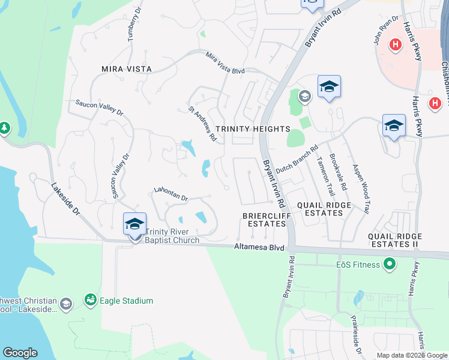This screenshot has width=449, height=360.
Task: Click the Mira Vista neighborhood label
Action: (x=122, y=69)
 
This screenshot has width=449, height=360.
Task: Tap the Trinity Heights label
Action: (x=252, y=129)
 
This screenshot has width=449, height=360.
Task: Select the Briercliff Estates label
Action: (x=264, y=219)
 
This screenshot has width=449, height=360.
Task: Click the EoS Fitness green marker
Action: (x=389, y=263)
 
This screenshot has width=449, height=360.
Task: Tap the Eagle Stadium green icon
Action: (x=91, y=300)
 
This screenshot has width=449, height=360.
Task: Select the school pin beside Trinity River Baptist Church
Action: (x=134, y=225)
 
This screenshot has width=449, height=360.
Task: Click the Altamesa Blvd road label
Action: (x=259, y=247)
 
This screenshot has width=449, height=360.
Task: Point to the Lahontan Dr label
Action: (x=171, y=193)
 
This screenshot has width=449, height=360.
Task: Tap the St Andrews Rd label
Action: (x=202, y=124)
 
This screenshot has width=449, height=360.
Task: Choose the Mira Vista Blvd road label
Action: (x=225, y=63)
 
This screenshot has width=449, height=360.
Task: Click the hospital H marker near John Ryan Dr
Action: (x=396, y=44)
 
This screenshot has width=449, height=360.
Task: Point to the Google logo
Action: (x=20, y=353)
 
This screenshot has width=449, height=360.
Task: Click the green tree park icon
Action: (x=4, y=128)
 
